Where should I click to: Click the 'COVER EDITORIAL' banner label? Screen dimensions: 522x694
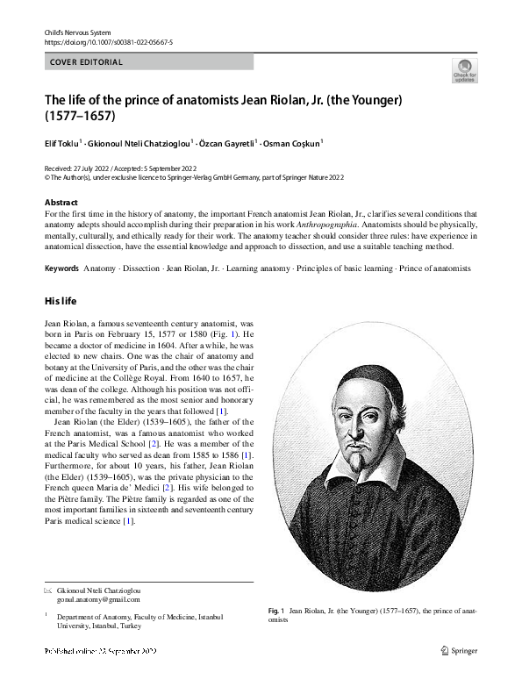coord(86,62)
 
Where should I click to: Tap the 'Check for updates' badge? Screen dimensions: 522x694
coord(464,71)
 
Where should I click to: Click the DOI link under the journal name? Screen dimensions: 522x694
coord(108,41)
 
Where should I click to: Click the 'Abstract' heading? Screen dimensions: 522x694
coord(61,203)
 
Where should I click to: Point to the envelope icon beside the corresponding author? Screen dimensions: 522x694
coord(48,590)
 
